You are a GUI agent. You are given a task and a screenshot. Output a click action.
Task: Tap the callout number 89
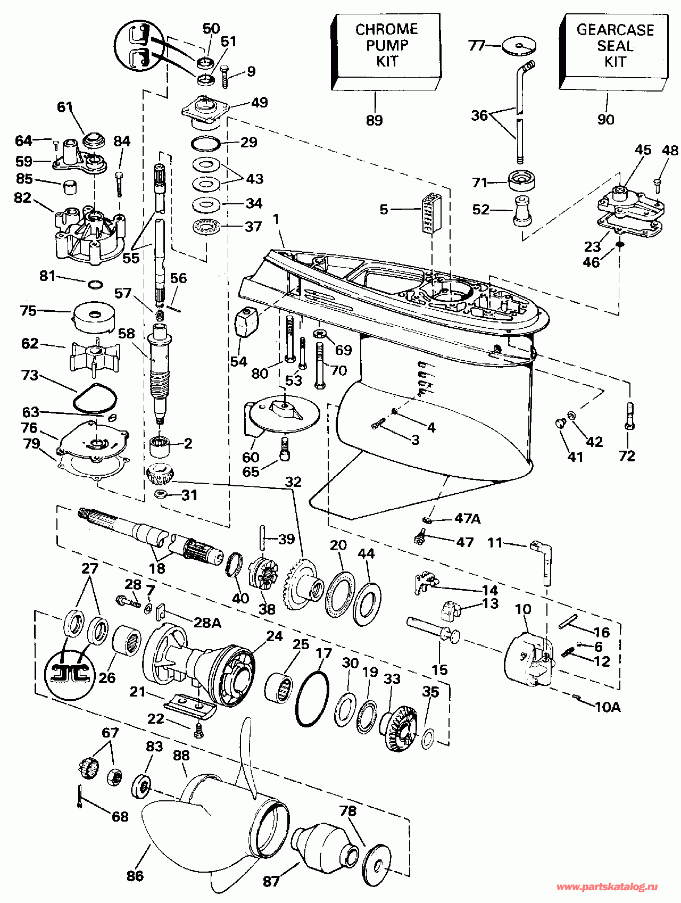coord(375,120)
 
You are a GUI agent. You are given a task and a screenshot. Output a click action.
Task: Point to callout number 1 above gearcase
coord(276,218)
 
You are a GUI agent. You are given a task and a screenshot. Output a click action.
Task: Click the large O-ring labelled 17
coord(312,699)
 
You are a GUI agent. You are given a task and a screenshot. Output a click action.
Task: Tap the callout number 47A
coord(467,518)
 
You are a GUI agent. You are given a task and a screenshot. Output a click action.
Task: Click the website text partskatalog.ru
coord(607,887)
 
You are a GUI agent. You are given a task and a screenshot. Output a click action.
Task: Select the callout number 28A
coord(207,622)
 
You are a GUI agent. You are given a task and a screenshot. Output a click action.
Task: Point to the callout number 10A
coord(608,707)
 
